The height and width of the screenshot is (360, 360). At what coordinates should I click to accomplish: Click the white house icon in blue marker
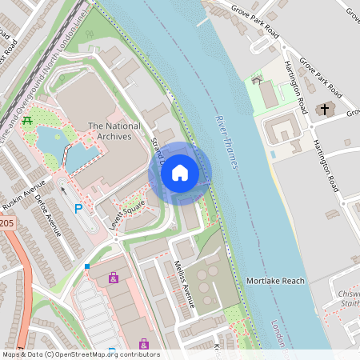(180, 172)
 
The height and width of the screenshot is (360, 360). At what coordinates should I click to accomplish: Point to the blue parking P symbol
(78, 209)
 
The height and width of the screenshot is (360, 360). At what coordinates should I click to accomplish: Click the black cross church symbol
(324, 109)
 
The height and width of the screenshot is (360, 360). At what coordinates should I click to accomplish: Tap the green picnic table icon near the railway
(28, 121)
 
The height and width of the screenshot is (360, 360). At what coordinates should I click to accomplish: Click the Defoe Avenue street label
(50, 216)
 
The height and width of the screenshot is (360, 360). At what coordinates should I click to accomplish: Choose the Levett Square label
(127, 215)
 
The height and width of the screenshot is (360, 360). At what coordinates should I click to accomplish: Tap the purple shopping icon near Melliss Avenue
(114, 278)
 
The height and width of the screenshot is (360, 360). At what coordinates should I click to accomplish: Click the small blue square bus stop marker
(86, 266)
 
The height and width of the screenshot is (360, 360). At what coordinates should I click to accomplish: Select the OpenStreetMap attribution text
(80, 354)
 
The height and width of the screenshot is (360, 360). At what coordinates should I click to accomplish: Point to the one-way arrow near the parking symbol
(64, 190)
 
